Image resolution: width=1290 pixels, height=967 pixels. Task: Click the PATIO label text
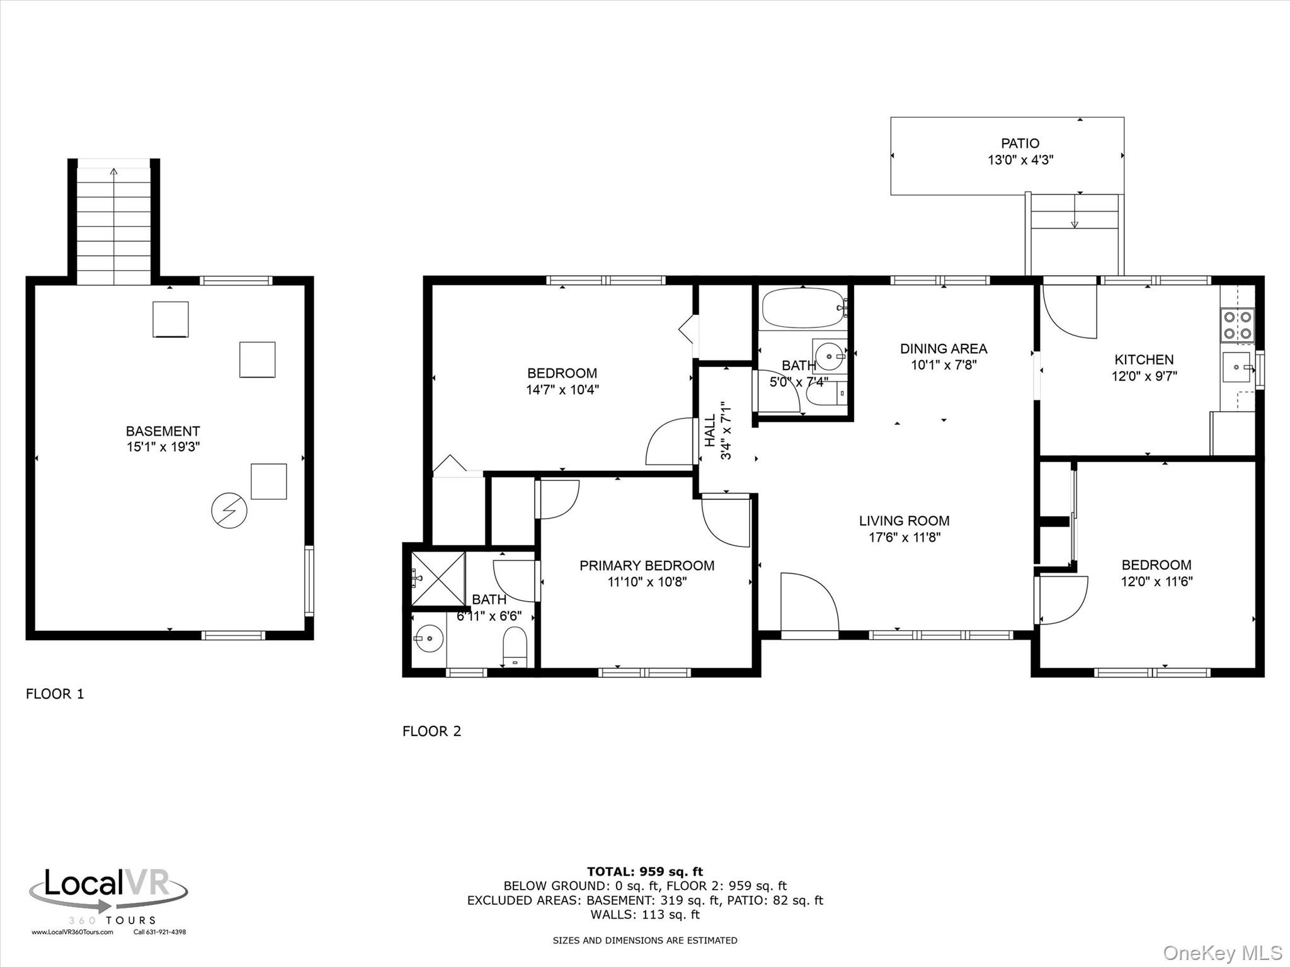(1020, 144)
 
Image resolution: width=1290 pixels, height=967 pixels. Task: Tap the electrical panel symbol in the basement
(229, 510)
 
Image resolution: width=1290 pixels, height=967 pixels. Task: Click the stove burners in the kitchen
(1237, 325)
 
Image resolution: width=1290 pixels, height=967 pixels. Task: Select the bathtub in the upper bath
(804, 308)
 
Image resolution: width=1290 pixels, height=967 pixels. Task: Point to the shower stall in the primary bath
(438, 579)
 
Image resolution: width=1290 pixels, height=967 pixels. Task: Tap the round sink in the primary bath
(428, 640)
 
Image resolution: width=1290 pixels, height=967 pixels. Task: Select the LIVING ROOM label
(904, 521)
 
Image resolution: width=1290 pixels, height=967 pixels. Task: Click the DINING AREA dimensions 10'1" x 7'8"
(944, 365)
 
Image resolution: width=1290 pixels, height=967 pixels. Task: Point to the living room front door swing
(810, 601)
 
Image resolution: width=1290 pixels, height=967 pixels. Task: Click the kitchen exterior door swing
(1070, 312)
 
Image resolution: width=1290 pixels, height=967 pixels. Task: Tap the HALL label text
(710, 431)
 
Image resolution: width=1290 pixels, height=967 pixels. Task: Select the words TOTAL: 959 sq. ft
(645, 872)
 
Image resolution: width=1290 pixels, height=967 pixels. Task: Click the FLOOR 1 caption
(55, 694)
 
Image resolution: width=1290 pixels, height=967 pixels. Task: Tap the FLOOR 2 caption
(432, 731)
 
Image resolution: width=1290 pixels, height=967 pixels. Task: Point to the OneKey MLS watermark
(1223, 953)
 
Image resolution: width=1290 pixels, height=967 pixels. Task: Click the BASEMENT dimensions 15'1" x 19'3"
(163, 447)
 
